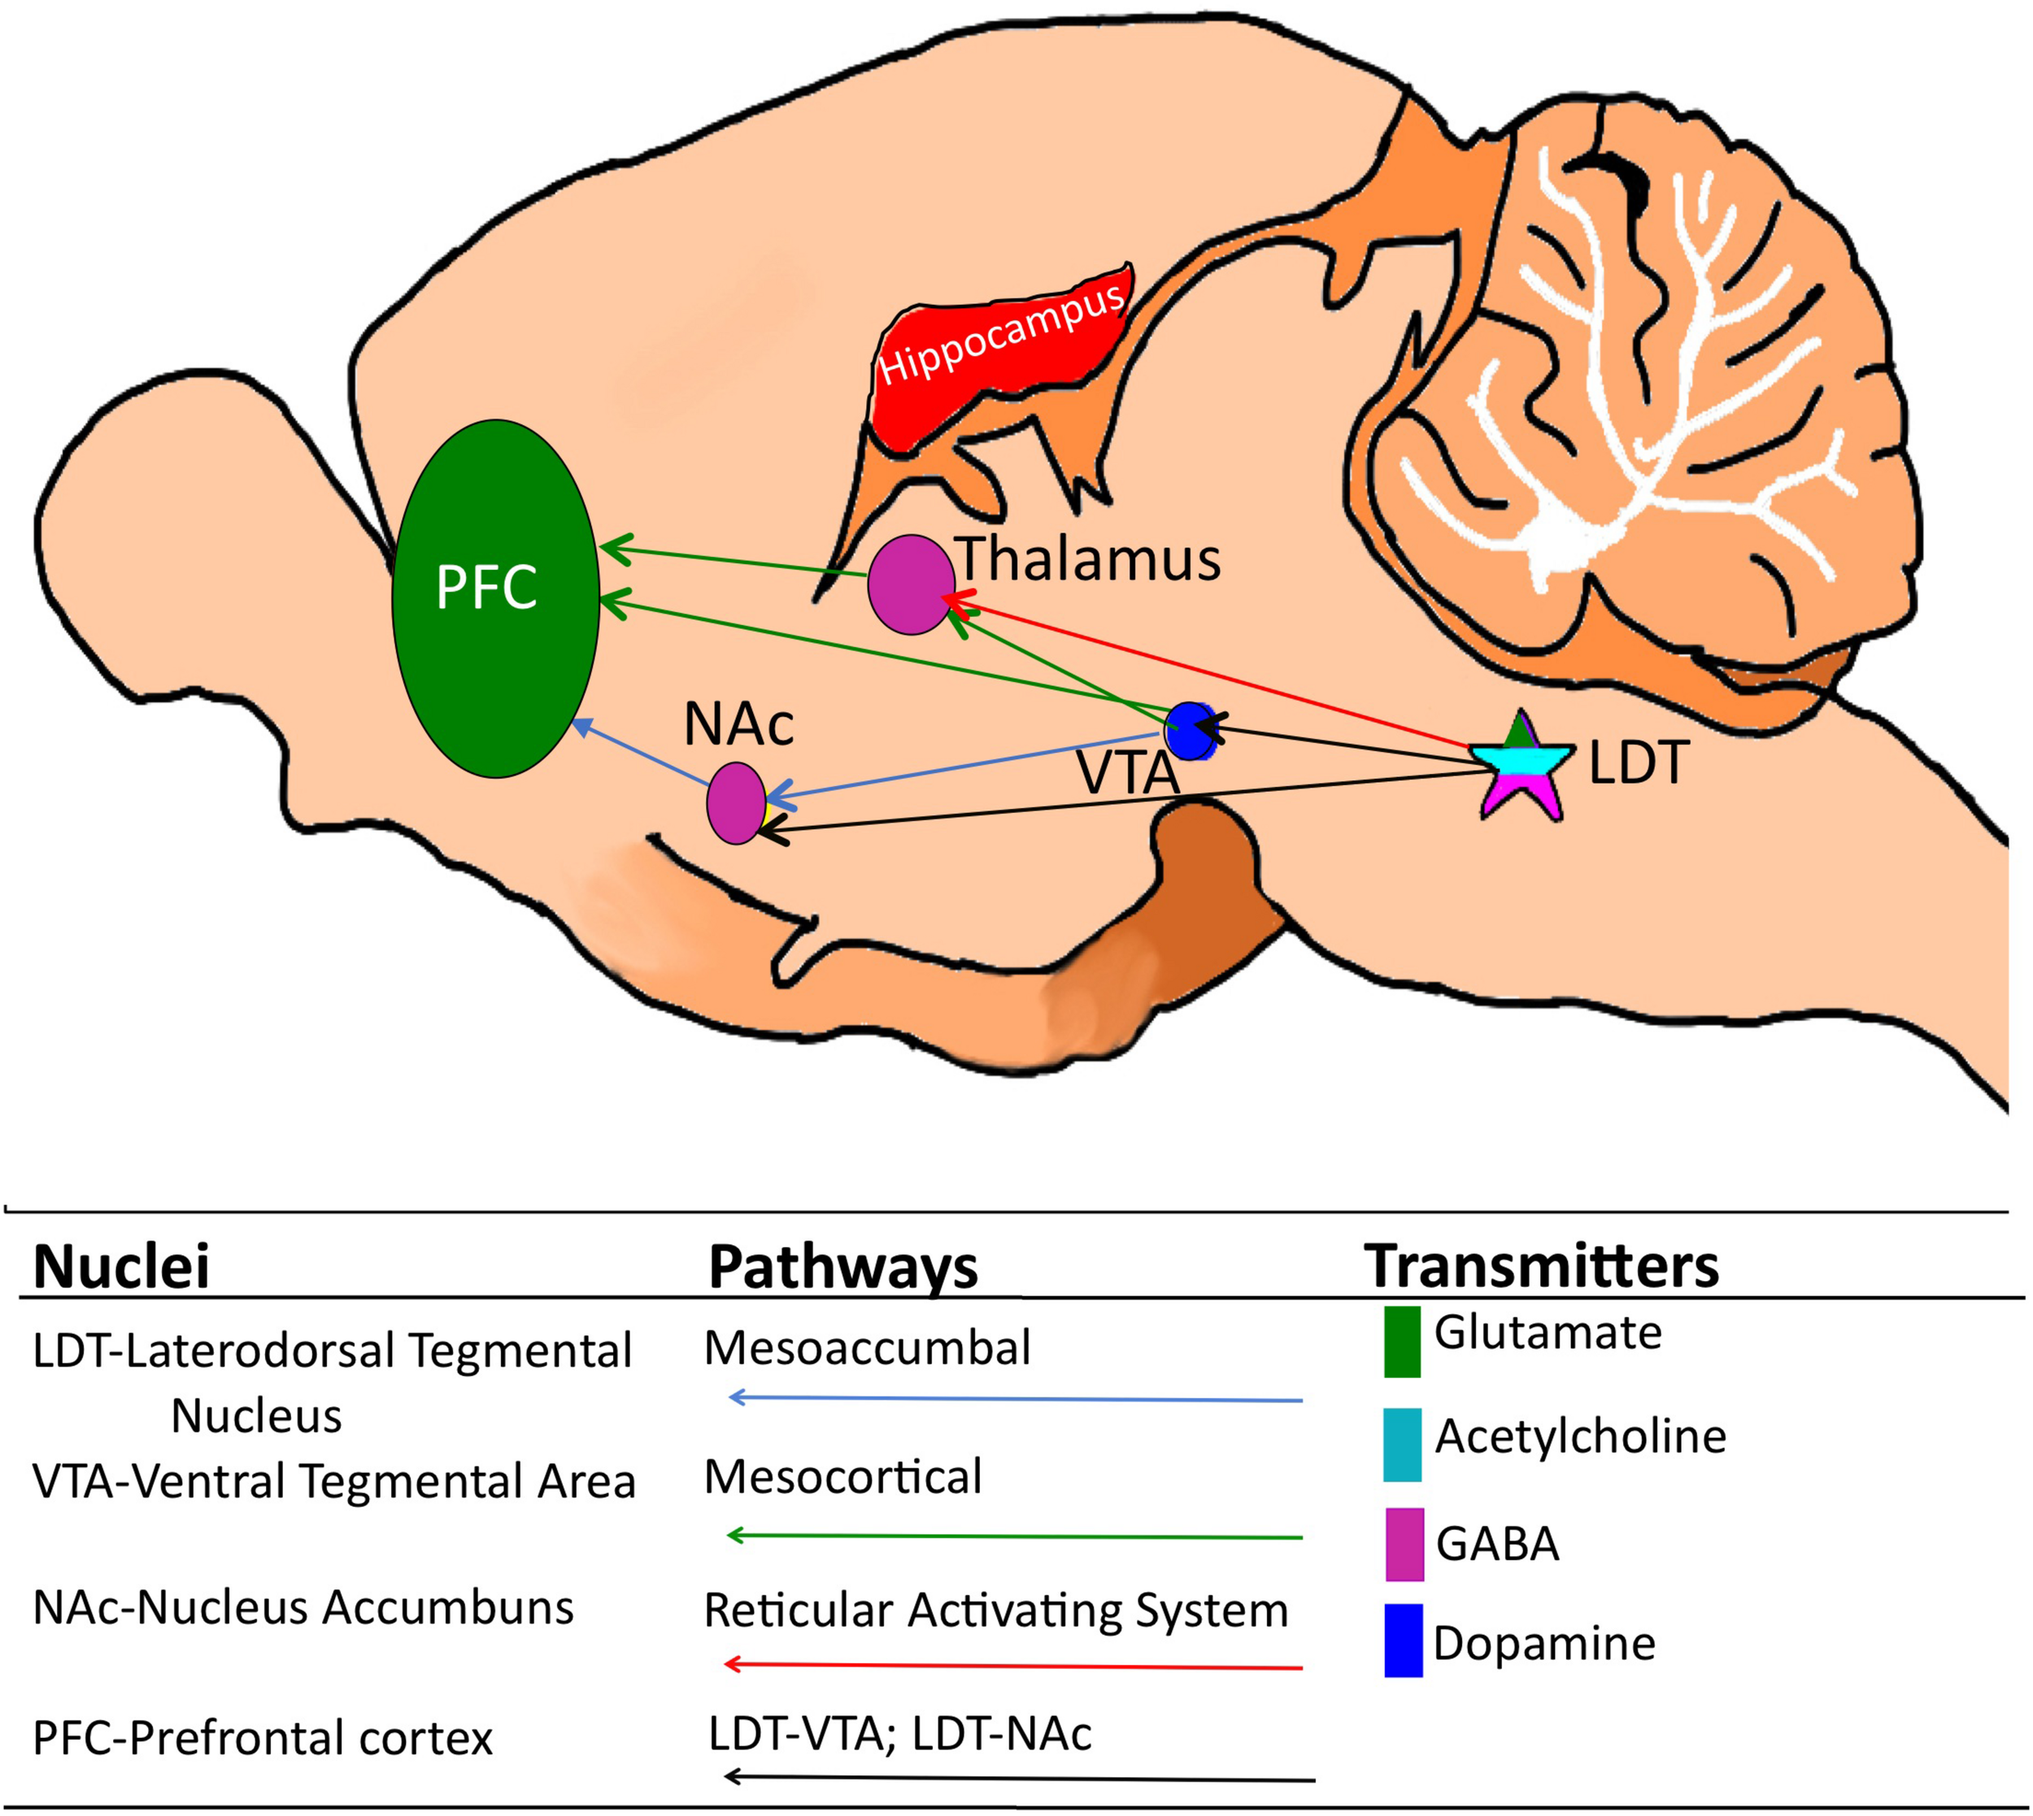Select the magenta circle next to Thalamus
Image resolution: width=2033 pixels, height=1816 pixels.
pos(910,584)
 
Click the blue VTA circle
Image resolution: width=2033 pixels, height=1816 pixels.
pos(1191,731)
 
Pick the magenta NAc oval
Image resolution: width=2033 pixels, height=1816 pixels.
pos(736,802)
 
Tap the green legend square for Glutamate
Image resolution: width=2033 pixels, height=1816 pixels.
pos(1401,1341)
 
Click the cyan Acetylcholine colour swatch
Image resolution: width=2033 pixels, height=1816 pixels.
pos(1401,1445)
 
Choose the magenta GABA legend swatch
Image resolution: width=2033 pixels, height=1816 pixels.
pos(1404,1544)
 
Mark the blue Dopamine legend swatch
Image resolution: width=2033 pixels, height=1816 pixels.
pos(1402,1640)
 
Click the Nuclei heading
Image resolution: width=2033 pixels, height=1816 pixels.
pos(121,1267)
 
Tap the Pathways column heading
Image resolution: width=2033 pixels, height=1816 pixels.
pos(842,1267)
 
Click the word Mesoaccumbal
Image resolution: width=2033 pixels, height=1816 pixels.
pos(866,1348)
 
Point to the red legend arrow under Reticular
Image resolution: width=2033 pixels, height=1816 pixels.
pos(1013,1666)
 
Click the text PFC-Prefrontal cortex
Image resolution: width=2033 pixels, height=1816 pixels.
pos(263,1737)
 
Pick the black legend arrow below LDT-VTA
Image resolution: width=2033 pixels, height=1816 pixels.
pos(1018,1777)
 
